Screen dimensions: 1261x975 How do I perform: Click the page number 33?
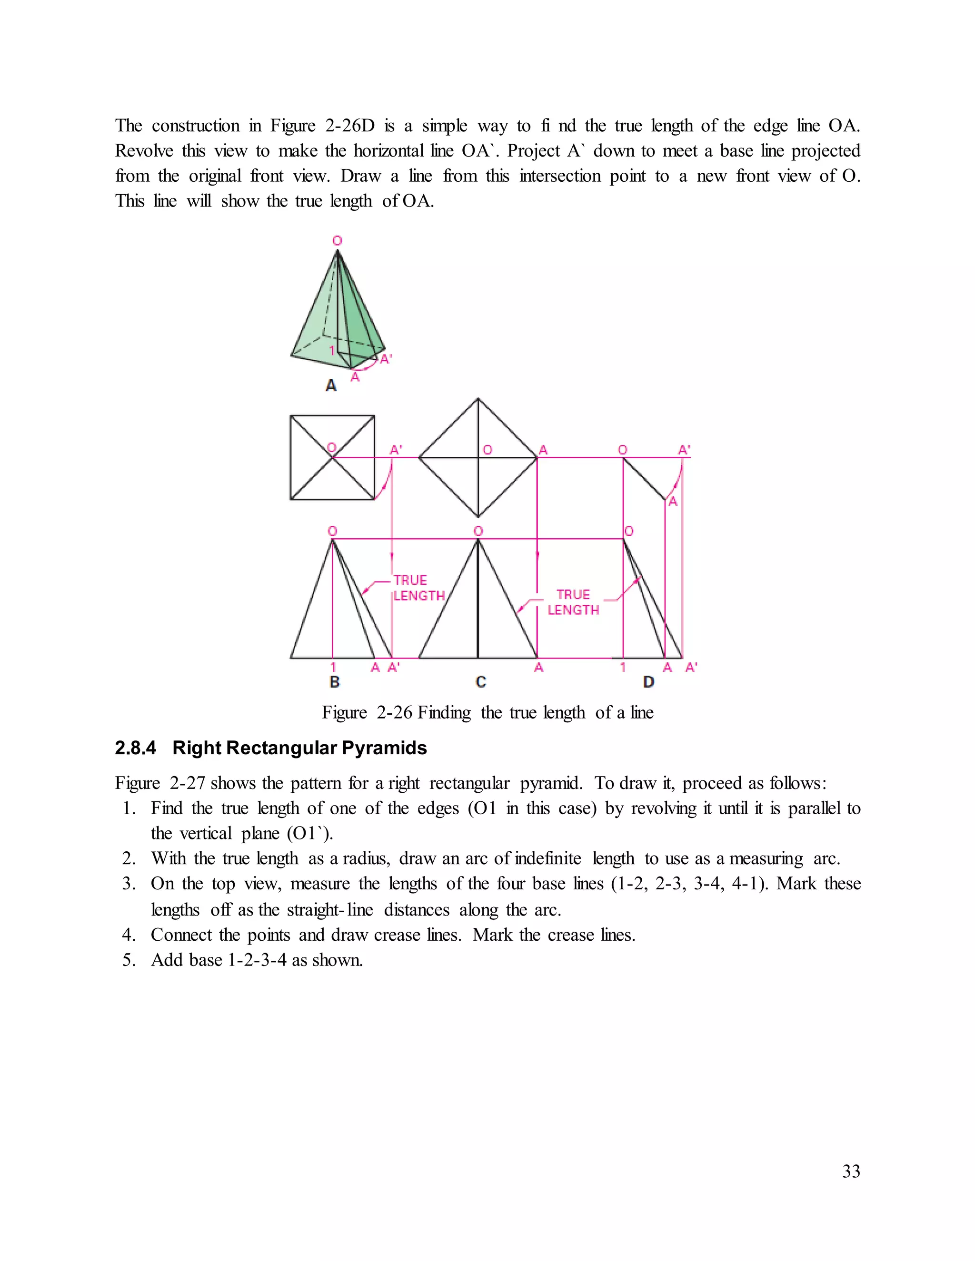(851, 1171)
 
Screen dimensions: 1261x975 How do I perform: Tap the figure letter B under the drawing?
(334, 682)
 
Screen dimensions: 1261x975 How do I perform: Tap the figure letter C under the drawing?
(480, 682)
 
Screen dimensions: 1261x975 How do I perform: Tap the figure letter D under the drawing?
(649, 682)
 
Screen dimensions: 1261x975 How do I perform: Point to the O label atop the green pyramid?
(338, 241)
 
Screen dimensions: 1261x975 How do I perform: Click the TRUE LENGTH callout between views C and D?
(573, 602)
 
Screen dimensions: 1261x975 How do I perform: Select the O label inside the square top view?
(331, 447)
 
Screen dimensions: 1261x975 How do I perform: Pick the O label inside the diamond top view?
(487, 450)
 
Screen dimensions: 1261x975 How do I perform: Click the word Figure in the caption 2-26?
(344, 712)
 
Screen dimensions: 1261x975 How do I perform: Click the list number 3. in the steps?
(129, 884)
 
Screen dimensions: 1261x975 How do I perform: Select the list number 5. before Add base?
(129, 960)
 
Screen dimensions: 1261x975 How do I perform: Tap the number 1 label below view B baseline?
(333, 668)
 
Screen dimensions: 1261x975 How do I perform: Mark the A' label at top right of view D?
(684, 449)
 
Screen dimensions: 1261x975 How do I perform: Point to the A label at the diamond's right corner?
(543, 449)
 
